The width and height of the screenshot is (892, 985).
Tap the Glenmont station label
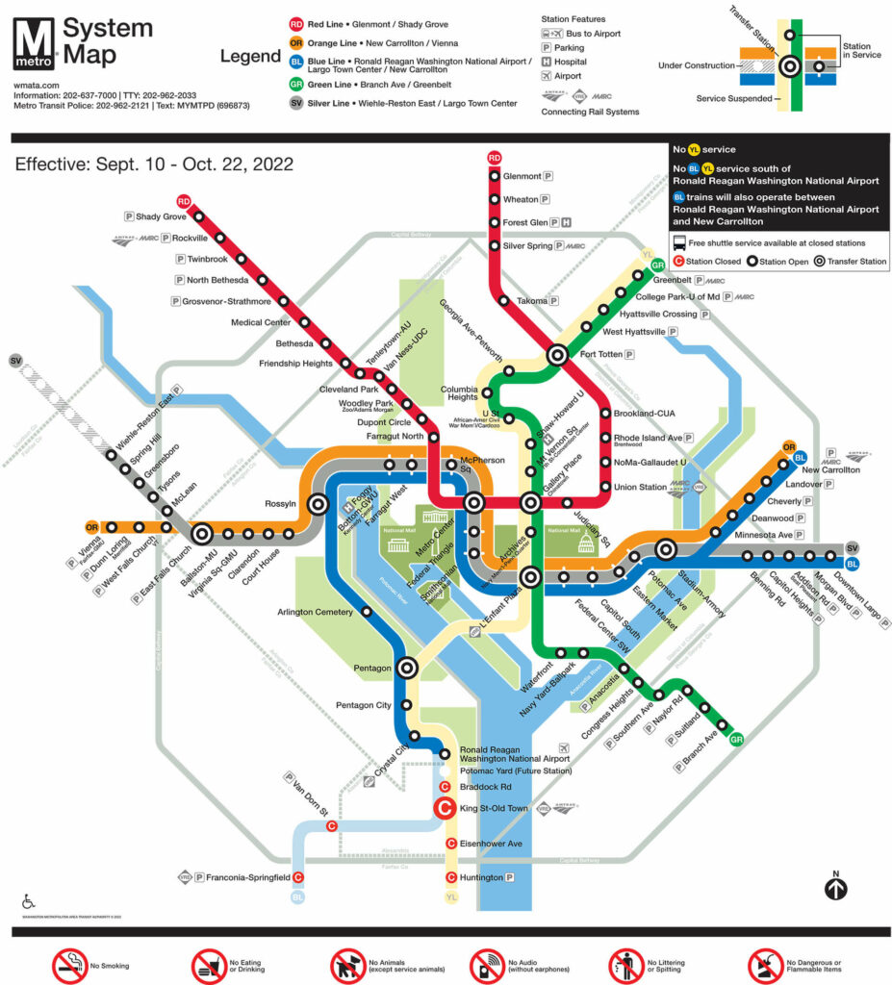[522, 176]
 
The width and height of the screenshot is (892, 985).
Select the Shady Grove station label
[161, 216]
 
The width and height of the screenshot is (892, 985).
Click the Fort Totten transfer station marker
[557, 355]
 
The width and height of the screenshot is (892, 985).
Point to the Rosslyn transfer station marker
[317, 503]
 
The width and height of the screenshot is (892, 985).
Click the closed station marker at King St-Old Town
[446, 809]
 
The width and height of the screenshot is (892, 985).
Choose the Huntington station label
[481, 877]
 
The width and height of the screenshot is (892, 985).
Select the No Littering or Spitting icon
[626, 963]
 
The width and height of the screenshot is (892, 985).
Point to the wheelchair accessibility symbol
[28, 901]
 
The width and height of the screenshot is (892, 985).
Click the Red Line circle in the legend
[296, 23]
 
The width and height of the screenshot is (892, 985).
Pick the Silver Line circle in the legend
[296, 103]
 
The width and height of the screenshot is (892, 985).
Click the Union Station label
[640, 487]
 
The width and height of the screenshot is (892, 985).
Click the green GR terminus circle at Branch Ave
[736, 739]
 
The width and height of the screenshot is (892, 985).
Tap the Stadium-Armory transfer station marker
[665, 549]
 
